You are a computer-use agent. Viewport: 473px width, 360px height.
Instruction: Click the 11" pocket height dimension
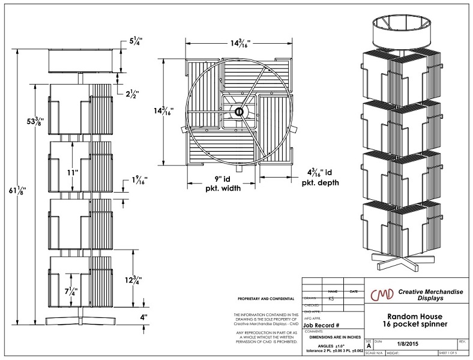(x=73, y=173)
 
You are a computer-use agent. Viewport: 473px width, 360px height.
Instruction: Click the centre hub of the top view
(x=238, y=112)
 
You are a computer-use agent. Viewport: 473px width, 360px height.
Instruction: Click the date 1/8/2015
(x=411, y=343)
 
